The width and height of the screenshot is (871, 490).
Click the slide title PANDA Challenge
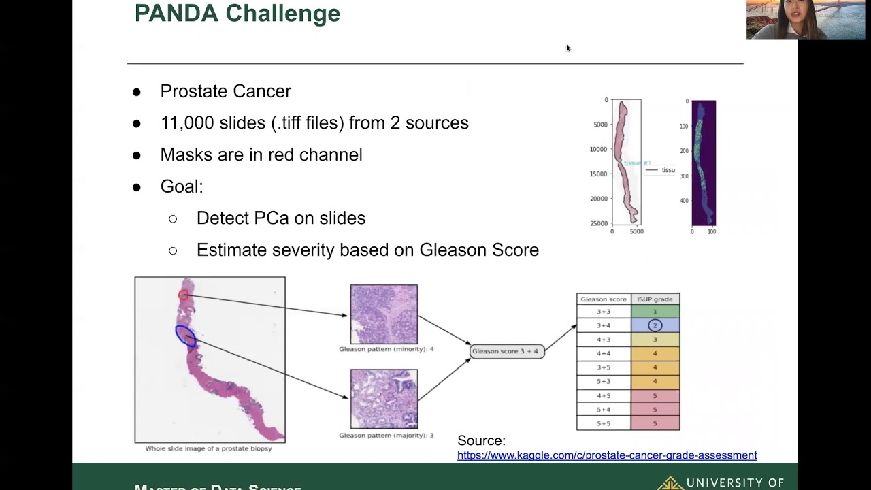(237, 14)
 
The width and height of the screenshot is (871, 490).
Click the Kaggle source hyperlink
(607, 455)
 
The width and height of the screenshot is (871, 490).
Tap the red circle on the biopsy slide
(183, 295)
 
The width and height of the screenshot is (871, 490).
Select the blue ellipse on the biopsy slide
(185, 336)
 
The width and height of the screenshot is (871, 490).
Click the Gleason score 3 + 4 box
(507, 351)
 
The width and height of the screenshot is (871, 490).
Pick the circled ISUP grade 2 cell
(655, 325)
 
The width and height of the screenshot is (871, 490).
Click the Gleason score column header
(604, 299)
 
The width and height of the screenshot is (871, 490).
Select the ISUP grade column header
(655, 299)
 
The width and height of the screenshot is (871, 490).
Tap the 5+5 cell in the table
(604, 423)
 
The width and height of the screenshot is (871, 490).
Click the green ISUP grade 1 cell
(655, 312)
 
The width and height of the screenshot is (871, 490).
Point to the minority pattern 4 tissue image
(384, 314)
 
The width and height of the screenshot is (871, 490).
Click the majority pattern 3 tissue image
(384, 399)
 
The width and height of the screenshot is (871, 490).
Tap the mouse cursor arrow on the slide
(568, 48)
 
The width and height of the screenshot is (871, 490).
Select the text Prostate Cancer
(225, 91)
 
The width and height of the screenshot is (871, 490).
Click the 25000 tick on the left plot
(598, 223)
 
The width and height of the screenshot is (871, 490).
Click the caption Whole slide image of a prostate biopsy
(208, 448)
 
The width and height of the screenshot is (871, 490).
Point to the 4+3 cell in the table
(604, 340)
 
